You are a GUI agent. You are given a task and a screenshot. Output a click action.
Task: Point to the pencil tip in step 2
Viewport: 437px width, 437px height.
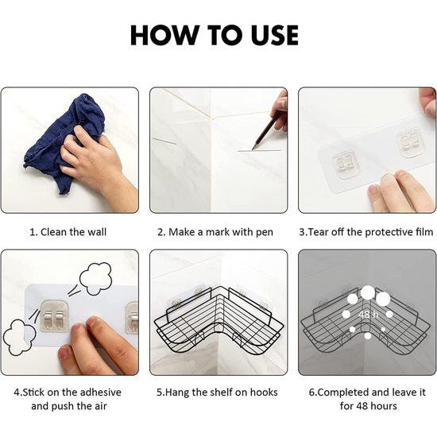[253, 149]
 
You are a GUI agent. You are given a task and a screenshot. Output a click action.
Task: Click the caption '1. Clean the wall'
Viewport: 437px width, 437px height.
[68, 232]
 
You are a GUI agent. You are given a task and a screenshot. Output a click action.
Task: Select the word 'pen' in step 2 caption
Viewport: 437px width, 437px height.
[265, 233]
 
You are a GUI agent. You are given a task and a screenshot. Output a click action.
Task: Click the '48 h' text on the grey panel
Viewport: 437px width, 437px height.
[369, 315]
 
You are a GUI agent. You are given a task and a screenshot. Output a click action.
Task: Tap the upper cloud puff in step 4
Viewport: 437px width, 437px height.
[95, 279]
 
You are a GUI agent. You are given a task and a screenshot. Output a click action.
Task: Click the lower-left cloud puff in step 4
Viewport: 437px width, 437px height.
[19, 337]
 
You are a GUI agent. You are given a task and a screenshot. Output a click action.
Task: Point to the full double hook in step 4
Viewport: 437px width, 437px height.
[54, 315]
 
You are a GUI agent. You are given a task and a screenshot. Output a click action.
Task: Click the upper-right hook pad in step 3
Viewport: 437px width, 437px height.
[408, 140]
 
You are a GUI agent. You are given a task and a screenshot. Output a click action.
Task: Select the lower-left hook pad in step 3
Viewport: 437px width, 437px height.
[346, 164]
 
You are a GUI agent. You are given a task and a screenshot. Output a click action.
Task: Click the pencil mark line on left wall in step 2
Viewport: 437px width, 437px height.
[164, 141]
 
